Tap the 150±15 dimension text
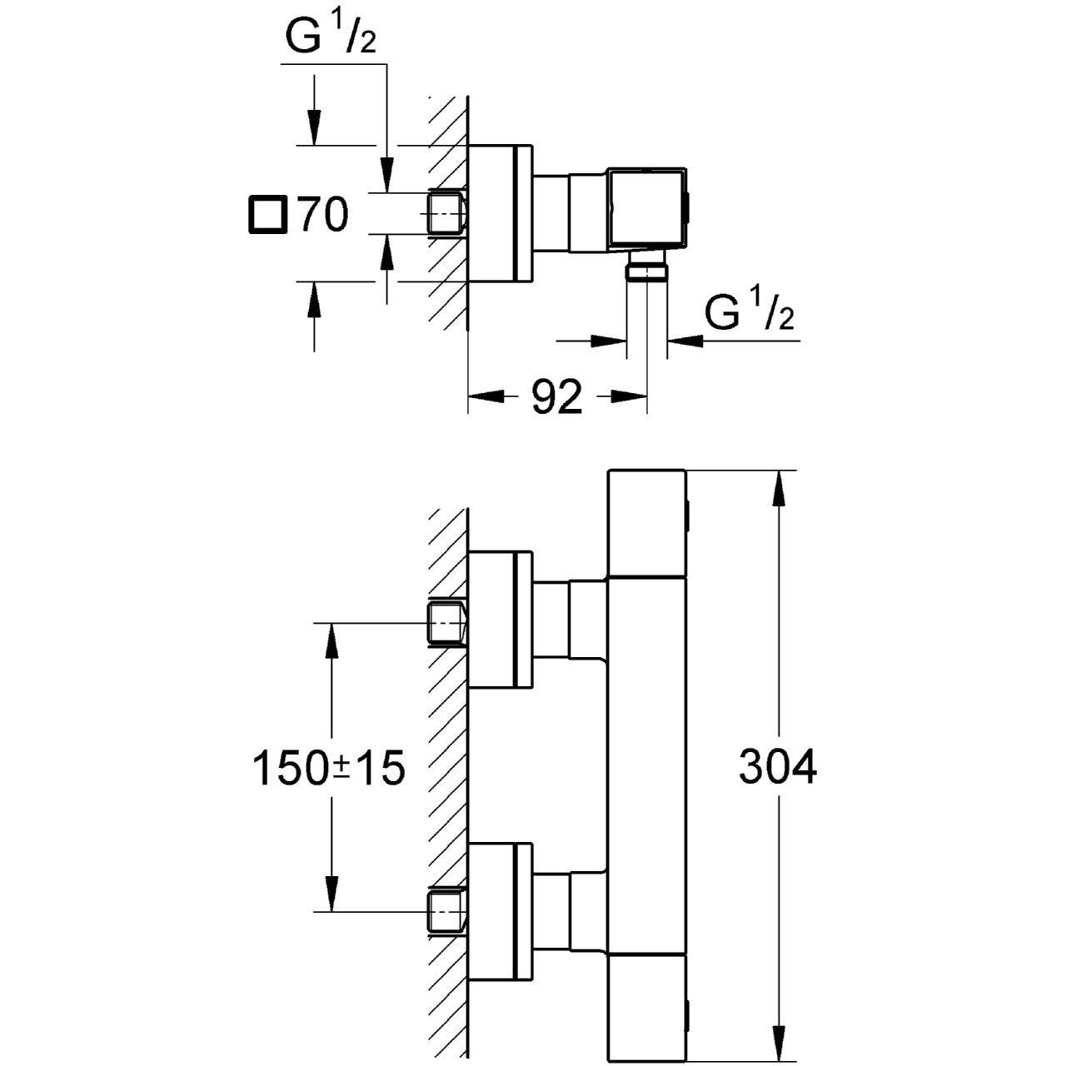(x=327, y=768)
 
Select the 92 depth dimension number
(x=557, y=398)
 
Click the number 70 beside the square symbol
(x=323, y=216)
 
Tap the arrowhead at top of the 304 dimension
(x=778, y=488)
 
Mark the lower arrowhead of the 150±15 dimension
(x=332, y=894)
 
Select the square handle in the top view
(x=647, y=208)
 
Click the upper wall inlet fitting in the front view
(x=446, y=623)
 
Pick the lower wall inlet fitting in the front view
(x=446, y=913)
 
